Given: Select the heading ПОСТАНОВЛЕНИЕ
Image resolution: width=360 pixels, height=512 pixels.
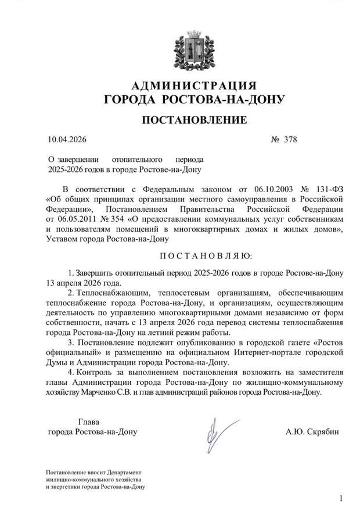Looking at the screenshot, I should pos(194,120).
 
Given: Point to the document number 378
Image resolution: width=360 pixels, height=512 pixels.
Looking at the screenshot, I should pos(290,139).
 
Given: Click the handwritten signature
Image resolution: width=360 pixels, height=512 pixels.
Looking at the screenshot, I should pos(216,432).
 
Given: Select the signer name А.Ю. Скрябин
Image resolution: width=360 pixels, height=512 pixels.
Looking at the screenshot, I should pos(312,432).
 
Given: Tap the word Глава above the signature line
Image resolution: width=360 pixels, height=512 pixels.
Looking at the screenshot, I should pos(89,421).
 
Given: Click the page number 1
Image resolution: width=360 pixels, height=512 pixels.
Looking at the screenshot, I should pos(341,498).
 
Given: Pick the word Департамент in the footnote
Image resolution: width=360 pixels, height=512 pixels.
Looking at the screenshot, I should pos(125,473).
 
